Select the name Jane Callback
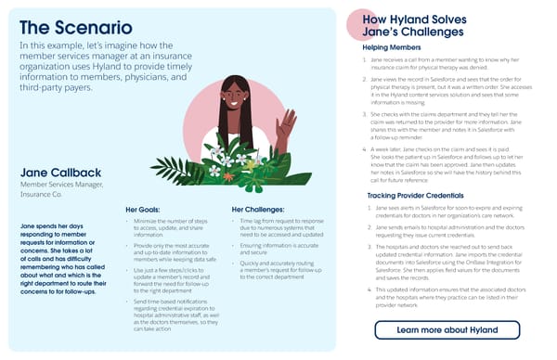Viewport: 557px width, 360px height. tap(62, 174)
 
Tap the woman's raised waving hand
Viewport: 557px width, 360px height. tap(287, 122)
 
